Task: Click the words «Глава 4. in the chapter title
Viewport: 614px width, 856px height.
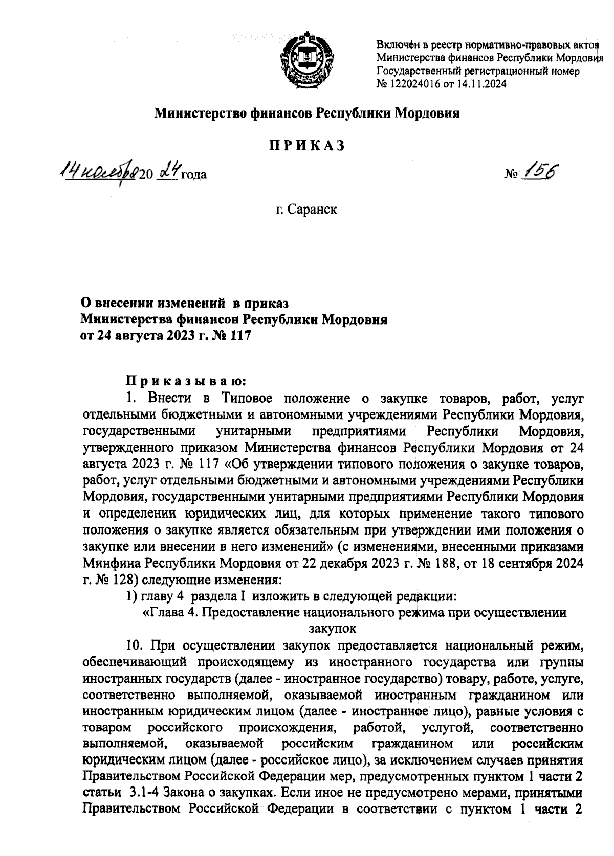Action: (x=170, y=613)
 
